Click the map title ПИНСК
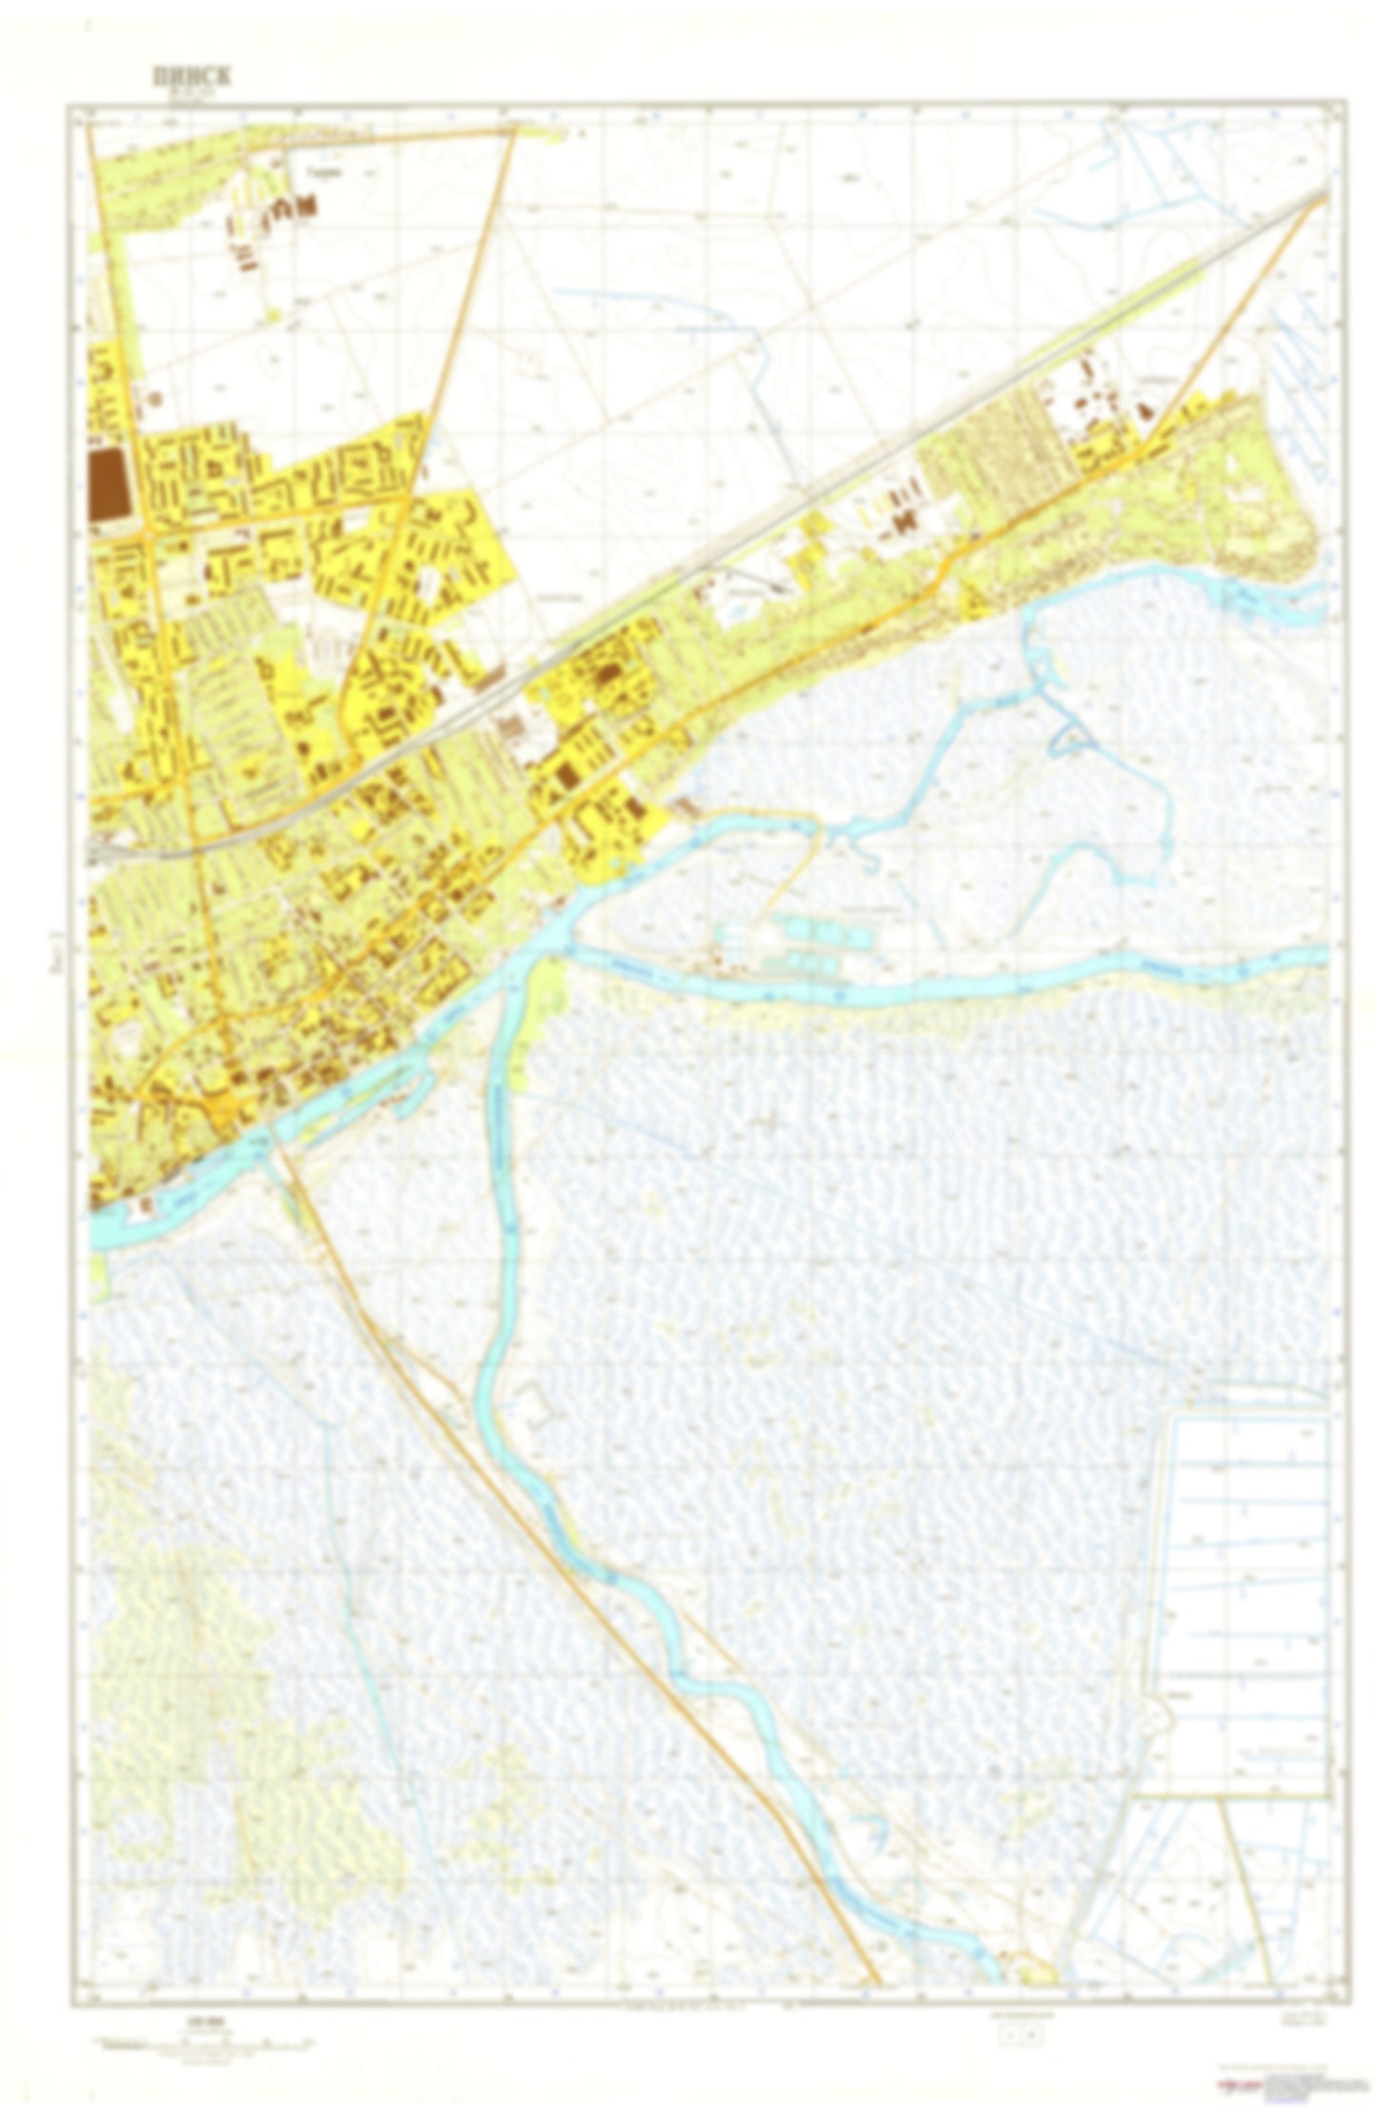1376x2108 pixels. click(190, 77)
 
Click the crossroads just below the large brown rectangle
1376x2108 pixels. click(149, 536)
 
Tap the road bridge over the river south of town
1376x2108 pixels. click(269, 1133)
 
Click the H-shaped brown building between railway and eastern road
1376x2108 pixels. click(906, 521)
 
